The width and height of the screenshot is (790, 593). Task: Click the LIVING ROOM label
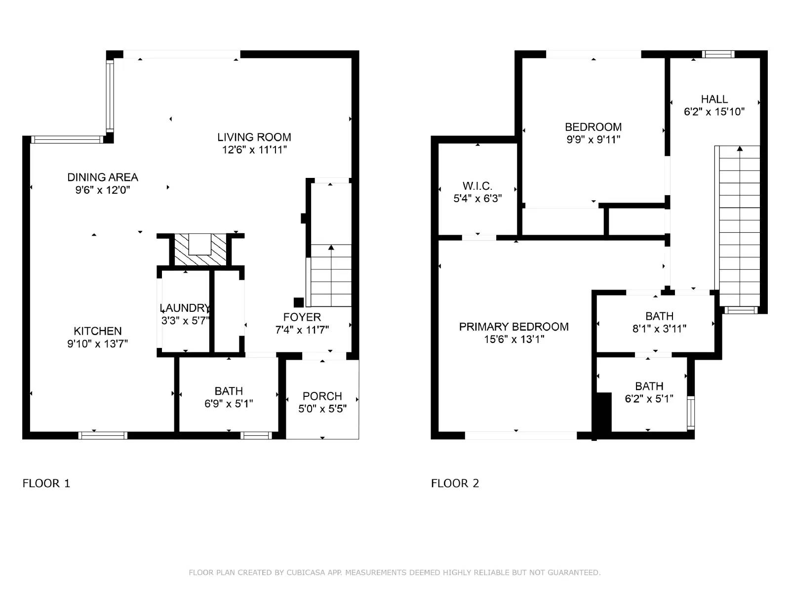[254, 137]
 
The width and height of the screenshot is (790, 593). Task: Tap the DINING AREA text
[103, 177]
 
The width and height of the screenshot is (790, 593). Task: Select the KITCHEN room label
[98, 331]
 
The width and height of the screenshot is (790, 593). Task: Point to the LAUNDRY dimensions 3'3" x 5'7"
[185, 320]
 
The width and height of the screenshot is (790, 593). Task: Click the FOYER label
[302, 317]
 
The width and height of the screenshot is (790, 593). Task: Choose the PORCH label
[322, 396]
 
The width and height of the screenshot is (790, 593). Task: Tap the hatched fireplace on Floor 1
[200, 250]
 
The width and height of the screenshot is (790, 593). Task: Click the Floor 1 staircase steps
[331, 275]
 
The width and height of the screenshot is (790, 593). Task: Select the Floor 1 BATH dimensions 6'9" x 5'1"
[229, 404]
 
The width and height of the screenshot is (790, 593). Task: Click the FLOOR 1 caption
[46, 483]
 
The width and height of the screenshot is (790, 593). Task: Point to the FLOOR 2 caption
[455, 483]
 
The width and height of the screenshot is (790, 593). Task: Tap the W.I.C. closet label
[477, 186]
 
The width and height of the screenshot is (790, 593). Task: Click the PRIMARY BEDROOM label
[514, 327]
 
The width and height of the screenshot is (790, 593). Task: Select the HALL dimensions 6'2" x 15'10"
[714, 112]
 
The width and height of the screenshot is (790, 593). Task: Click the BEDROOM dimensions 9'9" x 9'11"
[593, 139]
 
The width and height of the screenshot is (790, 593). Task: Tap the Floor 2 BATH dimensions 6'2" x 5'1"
[649, 399]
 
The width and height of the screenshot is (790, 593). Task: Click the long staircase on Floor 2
[739, 226]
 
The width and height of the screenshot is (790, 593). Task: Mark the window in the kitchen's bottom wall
[103, 435]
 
